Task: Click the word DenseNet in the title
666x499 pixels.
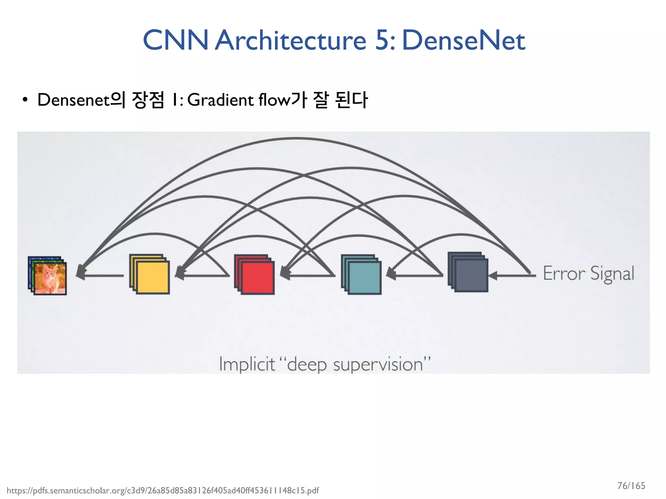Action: coord(463,40)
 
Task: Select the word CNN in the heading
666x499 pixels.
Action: coord(176,40)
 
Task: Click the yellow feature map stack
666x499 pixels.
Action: coord(150,274)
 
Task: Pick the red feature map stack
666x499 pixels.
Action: coord(255,275)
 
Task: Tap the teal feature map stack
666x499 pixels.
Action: coord(361,275)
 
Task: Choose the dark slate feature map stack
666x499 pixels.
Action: coord(468,272)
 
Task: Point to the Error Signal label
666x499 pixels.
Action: coord(589,274)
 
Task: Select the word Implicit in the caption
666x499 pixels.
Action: coord(247,364)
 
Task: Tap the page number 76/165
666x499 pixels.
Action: coord(631,486)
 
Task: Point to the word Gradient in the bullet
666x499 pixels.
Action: coord(220,100)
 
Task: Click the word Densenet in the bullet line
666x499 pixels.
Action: coord(73,100)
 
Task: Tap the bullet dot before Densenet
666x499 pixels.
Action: coord(25,100)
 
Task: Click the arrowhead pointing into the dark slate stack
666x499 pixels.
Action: coord(493,276)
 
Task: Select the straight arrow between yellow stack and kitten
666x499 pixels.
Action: coord(101,276)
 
